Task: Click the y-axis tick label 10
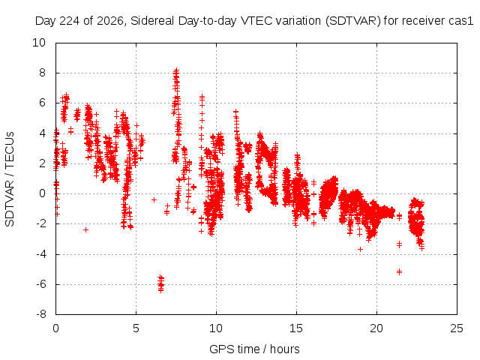(x=39, y=43)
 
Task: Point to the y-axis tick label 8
(x=42, y=73)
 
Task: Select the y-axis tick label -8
(x=40, y=314)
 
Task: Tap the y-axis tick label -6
(x=40, y=284)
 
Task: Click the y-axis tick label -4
(x=40, y=254)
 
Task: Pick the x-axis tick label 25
(x=457, y=328)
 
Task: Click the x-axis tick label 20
(x=376, y=328)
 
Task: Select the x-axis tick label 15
(x=296, y=328)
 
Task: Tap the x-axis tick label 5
(x=136, y=328)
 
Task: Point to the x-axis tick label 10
(x=216, y=328)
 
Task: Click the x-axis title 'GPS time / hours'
(x=254, y=349)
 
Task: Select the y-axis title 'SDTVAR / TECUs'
(x=10, y=179)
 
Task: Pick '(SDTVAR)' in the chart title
(x=353, y=21)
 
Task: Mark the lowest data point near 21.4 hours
(x=399, y=271)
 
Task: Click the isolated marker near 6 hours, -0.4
(x=154, y=200)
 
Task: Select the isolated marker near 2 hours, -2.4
(x=85, y=230)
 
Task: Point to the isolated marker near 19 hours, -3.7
(x=360, y=250)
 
